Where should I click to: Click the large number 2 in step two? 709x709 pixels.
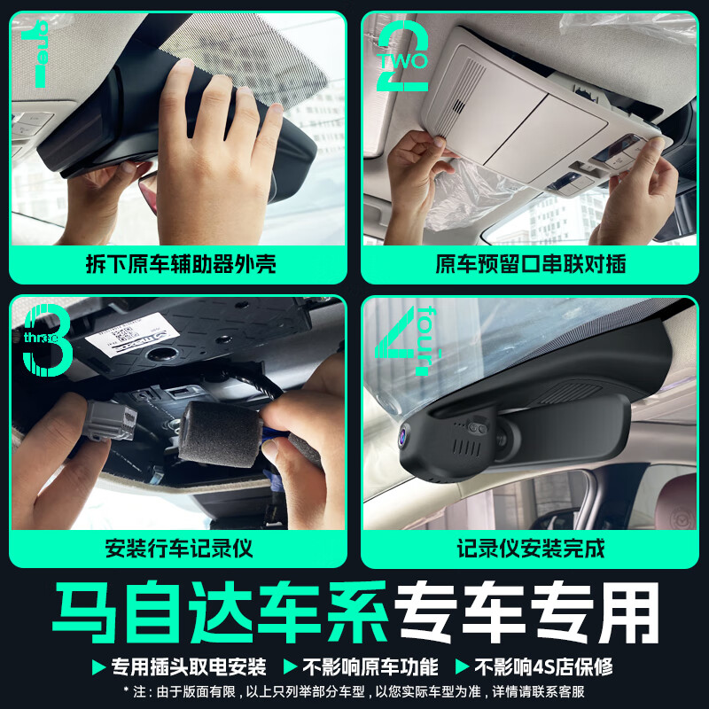[402, 58]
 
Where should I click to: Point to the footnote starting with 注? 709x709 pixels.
[354, 691]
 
